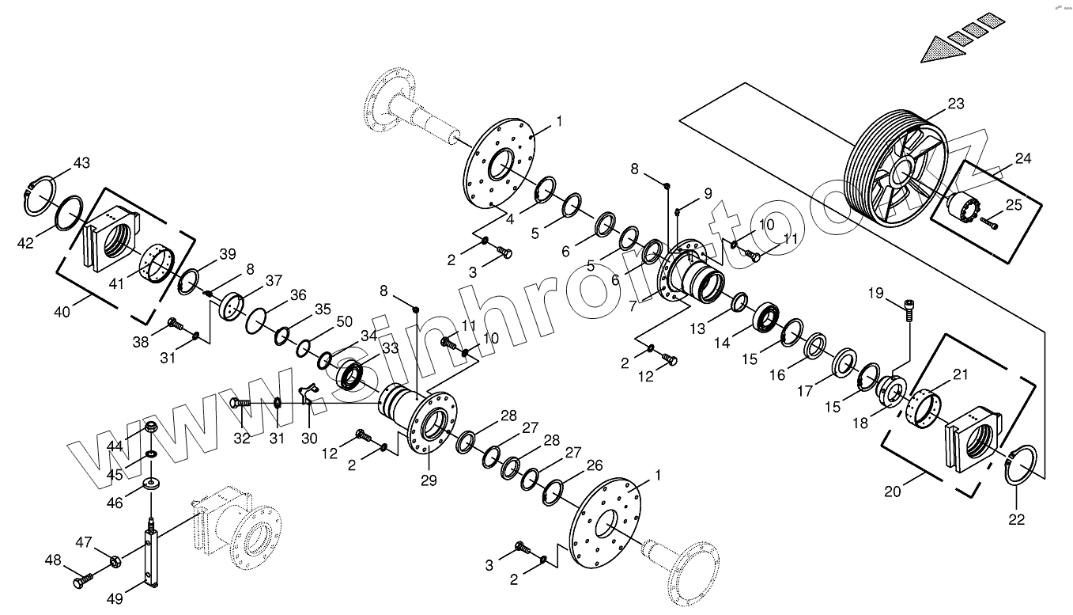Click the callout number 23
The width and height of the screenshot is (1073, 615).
(x=956, y=103)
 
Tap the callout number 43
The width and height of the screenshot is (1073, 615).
(x=81, y=163)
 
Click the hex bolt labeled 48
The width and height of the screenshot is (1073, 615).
(x=82, y=581)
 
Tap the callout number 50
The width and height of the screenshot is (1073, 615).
(x=344, y=321)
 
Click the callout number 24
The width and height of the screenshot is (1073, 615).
(x=1022, y=158)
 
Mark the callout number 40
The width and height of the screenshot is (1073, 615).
(x=62, y=311)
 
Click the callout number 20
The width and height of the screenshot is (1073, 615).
(x=892, y=490)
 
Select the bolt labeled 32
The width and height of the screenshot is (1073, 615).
(x=241, y=403)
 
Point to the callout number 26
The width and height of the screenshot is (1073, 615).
(x=594, y=465)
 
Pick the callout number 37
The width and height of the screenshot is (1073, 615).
(x=274, y=280)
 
